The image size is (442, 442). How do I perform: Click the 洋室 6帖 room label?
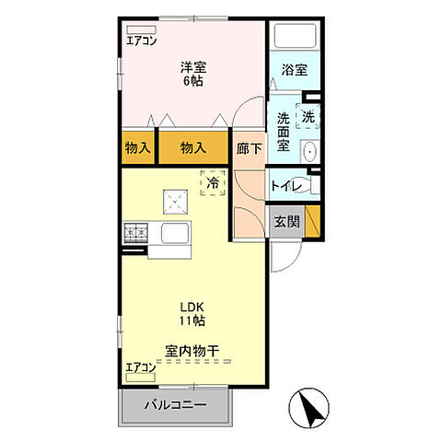click(192, 74)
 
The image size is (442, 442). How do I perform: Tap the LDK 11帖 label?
click(192, 313)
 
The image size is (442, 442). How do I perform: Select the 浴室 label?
click(294, 69)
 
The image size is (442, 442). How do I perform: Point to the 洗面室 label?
click(285, 132)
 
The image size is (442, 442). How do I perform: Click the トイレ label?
click(285, 185)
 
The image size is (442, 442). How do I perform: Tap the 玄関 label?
click(286, 221)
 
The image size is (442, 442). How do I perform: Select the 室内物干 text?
click(192, 350)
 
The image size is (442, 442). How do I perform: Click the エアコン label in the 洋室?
click(142, 40)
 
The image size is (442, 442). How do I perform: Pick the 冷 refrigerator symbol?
click(213, 182)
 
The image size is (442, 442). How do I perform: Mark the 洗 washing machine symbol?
click(309, 118)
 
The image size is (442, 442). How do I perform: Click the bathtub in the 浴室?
click(294, 37)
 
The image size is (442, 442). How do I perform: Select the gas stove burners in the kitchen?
click(135, 235)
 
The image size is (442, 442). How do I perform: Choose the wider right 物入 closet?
click(192, 148)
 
